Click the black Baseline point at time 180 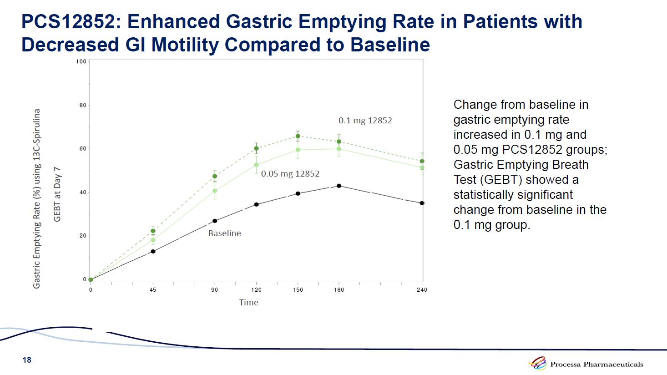[339, 186]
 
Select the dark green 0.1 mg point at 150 [298, 136]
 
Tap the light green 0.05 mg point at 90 [215, 191]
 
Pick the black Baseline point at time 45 [153, 251]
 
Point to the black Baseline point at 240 [422, 203]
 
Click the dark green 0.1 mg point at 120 [256, 148]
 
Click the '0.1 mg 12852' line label [365, 121]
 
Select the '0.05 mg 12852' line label [290, 174]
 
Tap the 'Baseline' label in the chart [224, 233]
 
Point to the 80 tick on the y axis [83, 105]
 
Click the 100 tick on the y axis [81, 61]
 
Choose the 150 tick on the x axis [298, 290]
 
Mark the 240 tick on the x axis [422, 290]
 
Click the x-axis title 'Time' [248, 303]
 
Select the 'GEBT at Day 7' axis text [57, 194]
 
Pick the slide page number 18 [27, 360]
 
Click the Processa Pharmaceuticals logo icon [537, 364]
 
